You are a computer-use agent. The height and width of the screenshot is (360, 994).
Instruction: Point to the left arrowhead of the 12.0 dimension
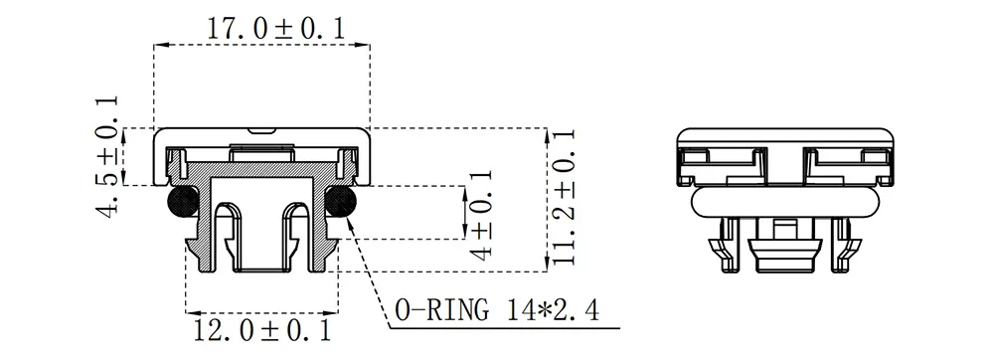192,310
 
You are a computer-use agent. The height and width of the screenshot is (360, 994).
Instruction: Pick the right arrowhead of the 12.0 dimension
333,310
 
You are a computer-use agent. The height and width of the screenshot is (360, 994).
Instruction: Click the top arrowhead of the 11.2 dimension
550,132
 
